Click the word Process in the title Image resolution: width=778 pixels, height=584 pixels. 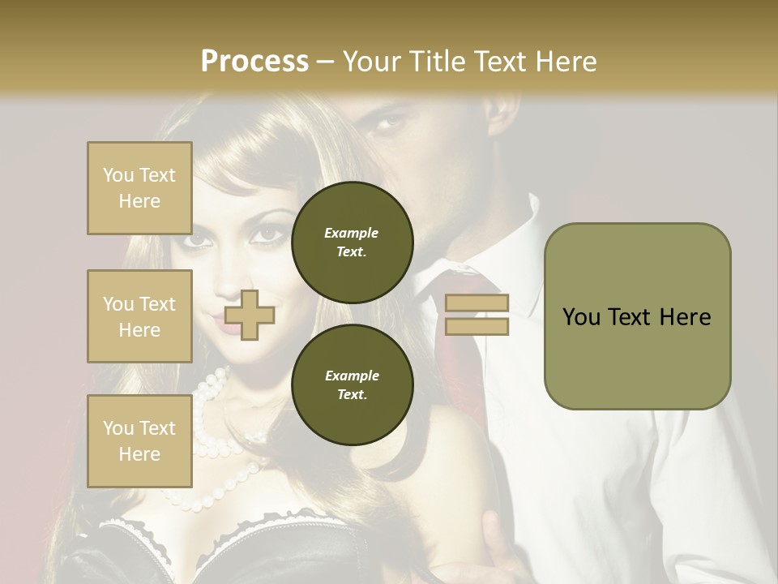(254, 62)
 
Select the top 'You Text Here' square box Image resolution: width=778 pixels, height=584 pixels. (139, 188)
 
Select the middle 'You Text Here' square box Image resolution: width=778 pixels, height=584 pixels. (139, 316)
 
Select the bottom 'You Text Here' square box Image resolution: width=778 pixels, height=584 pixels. (139, 440)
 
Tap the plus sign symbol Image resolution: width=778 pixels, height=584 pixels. (249, 315)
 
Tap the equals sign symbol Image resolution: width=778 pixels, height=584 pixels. (477, 315)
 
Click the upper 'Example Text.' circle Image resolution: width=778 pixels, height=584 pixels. (352, 242)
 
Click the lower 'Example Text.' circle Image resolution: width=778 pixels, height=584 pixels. (352, 385)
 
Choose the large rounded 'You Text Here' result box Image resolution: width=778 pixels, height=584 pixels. (637, 316)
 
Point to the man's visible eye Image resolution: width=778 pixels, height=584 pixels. (390, 123)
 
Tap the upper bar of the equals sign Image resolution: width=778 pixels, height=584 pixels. (477, 303)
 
